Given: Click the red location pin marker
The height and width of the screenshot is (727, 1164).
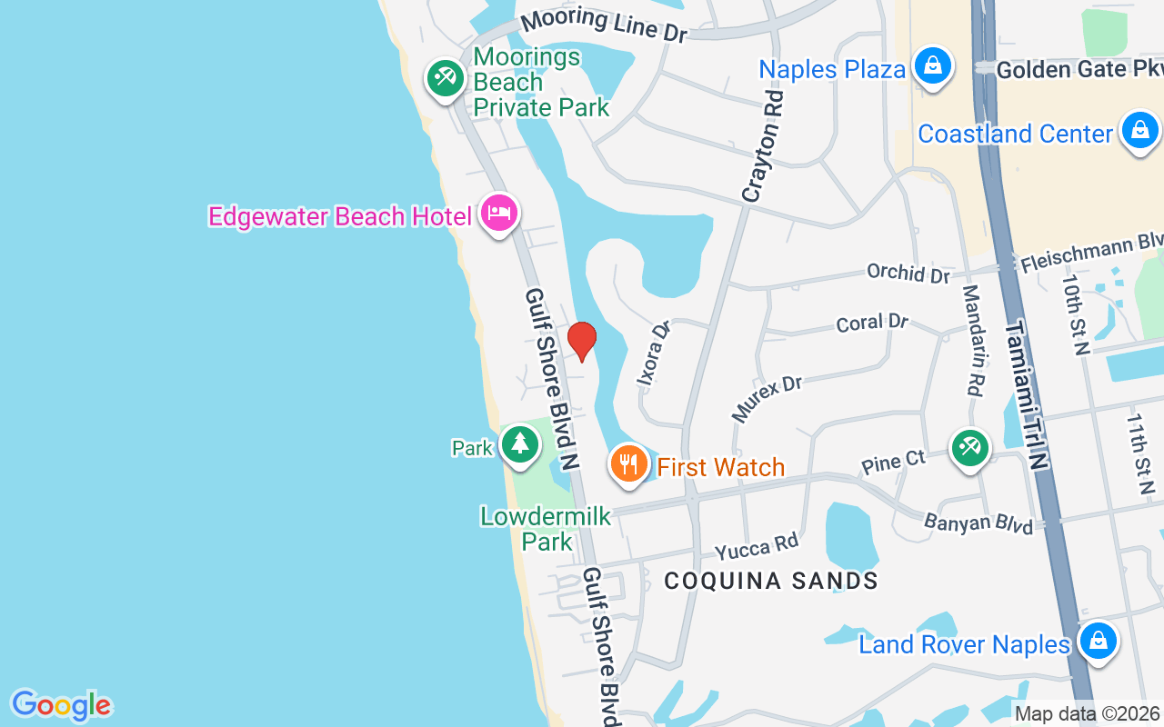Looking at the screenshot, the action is pyautogui.click(x=582, y=341).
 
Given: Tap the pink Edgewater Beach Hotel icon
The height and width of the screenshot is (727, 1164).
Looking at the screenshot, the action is pyautogui.click(x=499, y=214).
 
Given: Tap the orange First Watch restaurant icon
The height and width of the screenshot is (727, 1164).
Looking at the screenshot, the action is pyautogui.click(x=628, y=464).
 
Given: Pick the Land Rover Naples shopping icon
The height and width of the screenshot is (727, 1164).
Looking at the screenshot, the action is pyautogui.click(x=1099, y=642).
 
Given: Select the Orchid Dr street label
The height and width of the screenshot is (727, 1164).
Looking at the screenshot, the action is pyautogui.click(x=908, y=273).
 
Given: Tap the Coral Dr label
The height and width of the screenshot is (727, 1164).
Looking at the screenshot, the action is pyautogui.click(x=871, y=322).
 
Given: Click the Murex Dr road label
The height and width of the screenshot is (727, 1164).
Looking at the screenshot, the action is pyautogui.click(x=768, y=398).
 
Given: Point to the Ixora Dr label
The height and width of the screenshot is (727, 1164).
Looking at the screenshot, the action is pyautogui.click(x=654, y=353).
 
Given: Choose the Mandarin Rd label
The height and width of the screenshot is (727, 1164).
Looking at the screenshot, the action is pyautogui.click(x=972, y=340).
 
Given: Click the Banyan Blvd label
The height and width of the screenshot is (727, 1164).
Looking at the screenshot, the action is pyautogui.click(x=978, y=523).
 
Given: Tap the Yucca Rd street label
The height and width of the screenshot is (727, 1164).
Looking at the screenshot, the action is pyautogui.click(x=756, y=548).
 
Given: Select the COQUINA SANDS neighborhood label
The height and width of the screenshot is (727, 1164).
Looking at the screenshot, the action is pyautogui.click(x=771, y=581).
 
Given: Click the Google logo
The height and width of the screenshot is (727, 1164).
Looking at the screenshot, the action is pyautogui.click(x=61, y=705).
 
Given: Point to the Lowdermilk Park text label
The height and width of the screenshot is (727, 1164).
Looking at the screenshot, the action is pyautogui.click(x=546, y=529).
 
